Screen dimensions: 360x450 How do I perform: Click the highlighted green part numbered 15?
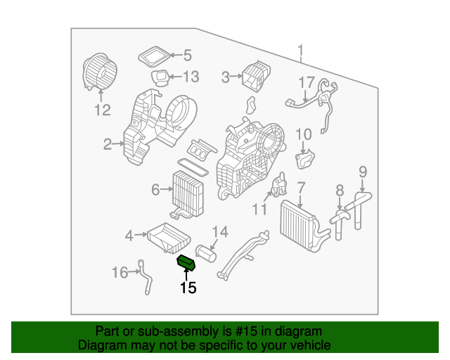[188, 262]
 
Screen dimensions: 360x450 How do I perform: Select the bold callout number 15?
[188, 287]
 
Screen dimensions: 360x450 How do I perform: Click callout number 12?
[103, 110]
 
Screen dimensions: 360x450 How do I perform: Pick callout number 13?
[192, 77]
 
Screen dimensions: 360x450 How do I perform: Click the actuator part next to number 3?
[255, 76]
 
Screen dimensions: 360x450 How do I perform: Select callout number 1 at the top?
[300, 51]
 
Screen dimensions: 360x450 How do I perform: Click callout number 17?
[306, 83]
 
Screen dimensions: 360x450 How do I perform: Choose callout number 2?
[108, 145]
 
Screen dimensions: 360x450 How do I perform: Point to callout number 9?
[363, 171]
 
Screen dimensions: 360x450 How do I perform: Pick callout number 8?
[339, 189]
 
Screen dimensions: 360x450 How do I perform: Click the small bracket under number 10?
[305, 160]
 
